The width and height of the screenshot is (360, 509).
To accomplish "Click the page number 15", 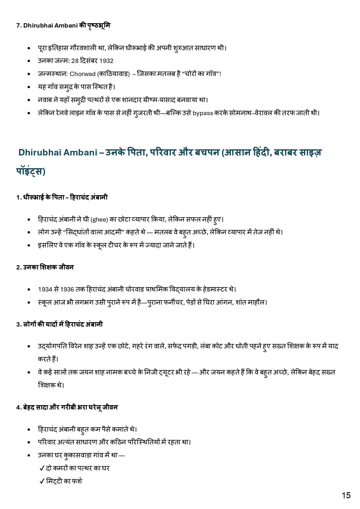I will (346, 495).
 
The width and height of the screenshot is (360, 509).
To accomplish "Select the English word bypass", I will (203, 113).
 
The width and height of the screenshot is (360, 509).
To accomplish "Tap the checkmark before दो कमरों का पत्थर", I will (41, 468).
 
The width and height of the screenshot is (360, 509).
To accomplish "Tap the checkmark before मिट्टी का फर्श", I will (41, 481).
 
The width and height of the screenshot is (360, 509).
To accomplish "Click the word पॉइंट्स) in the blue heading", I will (31, 171).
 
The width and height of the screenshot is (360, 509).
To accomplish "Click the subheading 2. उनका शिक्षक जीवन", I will (45, 267).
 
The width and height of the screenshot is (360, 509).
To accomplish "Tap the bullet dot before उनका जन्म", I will (29, 61).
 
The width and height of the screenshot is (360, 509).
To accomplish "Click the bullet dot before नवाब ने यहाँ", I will (29, 100).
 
